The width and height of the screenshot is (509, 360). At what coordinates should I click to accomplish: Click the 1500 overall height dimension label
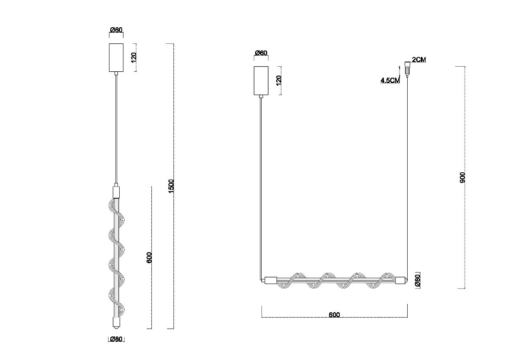tap(171, 186)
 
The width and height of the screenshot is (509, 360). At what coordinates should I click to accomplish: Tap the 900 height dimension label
tap(462, 177)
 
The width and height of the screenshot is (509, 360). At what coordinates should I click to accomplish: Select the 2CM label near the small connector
tap(419, 59)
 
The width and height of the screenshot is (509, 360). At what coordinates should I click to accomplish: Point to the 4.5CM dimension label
tap(390, 80)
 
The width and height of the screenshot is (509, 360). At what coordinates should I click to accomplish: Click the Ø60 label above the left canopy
tap(116, 30)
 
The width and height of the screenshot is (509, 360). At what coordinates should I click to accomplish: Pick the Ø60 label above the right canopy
tap(261, 53)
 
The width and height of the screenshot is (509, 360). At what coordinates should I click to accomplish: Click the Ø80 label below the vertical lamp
tap(116, 339)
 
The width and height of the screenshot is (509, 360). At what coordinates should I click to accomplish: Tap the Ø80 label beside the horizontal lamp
tap(418, 280)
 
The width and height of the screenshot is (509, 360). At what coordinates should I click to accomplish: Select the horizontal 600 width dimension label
tap(334, 315)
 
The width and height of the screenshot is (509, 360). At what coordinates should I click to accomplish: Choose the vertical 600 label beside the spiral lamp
tap(149, 257)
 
